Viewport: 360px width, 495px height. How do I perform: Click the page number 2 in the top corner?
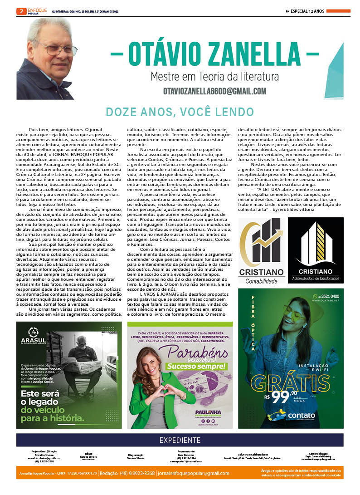21,12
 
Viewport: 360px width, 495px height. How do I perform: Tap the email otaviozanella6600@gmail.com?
215,92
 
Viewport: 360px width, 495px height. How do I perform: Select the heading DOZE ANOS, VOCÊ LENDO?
180,112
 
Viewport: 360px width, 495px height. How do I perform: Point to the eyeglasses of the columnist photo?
58,49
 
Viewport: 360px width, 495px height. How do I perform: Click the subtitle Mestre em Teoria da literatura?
214,76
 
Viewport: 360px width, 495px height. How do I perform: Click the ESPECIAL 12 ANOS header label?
307,11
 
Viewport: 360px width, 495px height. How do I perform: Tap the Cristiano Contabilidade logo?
262,250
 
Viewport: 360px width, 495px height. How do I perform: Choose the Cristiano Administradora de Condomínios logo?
316,250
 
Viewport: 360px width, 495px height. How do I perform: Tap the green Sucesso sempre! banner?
196,366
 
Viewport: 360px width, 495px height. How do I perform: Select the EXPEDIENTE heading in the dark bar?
180,440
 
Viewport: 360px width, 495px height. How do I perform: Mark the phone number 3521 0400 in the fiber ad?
330,297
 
